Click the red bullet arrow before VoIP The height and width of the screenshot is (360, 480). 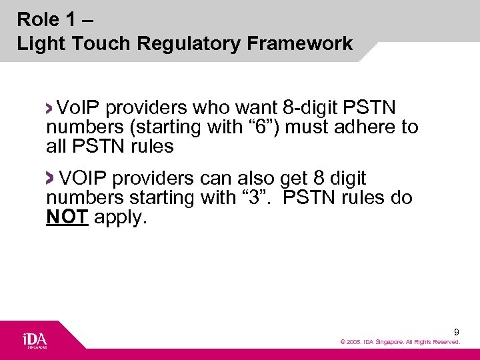(51, 107)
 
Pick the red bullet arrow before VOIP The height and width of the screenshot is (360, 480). (51, 178)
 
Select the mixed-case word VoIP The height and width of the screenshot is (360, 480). (79, 107)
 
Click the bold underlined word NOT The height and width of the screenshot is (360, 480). (67, 218)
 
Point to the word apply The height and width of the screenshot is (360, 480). (120, 218)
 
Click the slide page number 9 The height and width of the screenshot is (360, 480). (456, 331)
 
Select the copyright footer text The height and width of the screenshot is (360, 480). (400, 342)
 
